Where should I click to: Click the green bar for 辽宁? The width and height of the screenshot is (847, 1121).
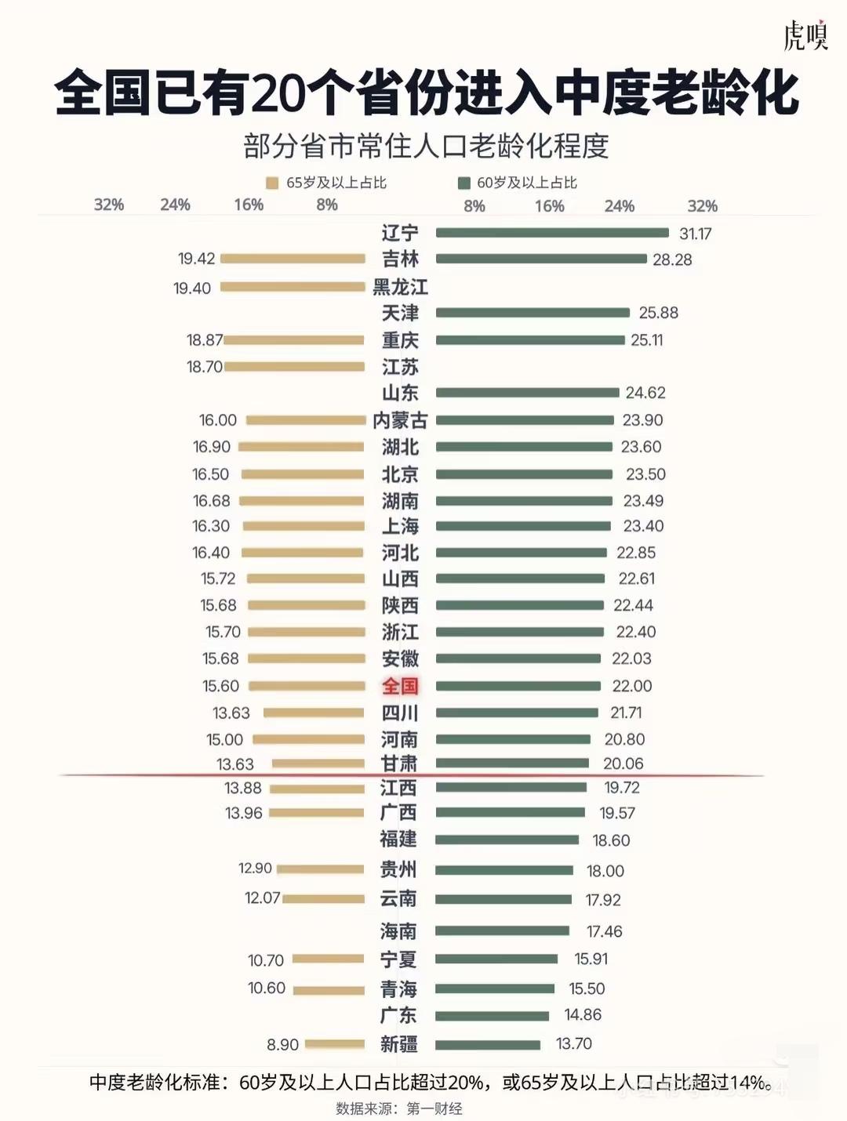[552, 233]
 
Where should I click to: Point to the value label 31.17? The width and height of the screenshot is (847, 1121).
[695, 234]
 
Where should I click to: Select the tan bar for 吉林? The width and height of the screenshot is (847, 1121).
[293, 259]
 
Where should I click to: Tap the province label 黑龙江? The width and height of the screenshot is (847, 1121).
[400, 287]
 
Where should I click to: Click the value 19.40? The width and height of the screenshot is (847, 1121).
[192, 288]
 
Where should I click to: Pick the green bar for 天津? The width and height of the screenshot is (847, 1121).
[533, 313]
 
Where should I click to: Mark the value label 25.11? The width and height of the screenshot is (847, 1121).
[647, 340]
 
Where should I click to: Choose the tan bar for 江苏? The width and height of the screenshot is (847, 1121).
[295, 366]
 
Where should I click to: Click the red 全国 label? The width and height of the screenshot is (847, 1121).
[400, 686]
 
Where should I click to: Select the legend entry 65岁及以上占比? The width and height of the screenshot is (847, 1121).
[328, 183]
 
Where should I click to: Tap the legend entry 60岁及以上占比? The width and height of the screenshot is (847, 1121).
[518, 183]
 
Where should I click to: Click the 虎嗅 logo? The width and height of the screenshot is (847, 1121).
[805, 35]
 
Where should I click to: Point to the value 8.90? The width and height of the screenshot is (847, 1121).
[282, 1045]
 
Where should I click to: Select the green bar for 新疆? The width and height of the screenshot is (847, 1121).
[488, 1044]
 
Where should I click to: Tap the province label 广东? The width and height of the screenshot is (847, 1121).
[398, 1015]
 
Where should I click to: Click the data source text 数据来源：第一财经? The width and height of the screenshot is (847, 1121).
[399, 1108]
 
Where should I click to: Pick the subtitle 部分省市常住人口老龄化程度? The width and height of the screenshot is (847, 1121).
[426, 147]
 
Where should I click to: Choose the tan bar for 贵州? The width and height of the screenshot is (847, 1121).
[321, 869]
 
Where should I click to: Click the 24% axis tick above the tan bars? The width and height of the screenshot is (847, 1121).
[175, 205]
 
